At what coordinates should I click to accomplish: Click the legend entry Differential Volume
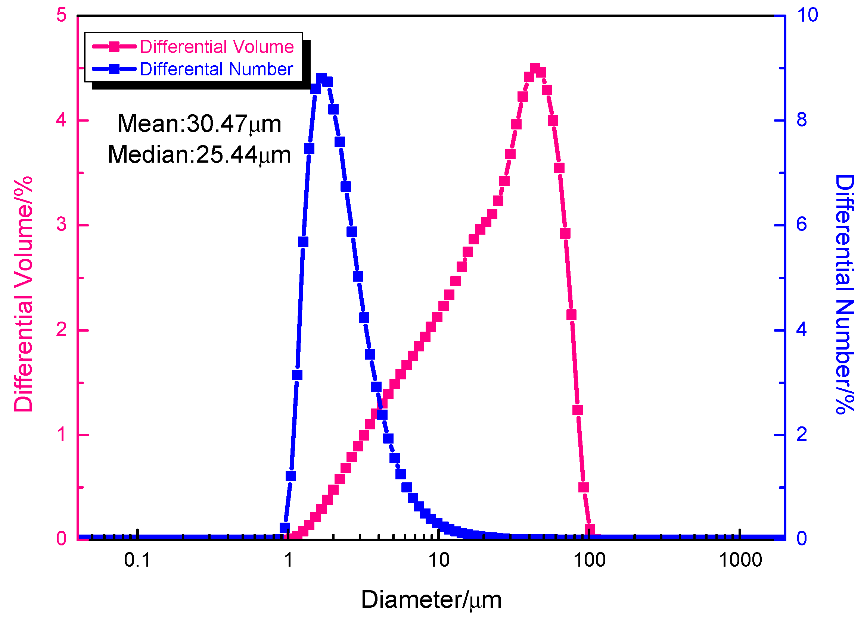click(216, 47)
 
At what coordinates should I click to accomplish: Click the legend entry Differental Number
click(216, 69)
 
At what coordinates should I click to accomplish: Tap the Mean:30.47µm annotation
click(199, 124)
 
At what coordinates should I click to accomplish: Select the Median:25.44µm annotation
click(199, 154)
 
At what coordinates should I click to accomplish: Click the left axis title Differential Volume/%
click(23, 294)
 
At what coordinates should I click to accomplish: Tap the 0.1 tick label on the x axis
click(137, 560)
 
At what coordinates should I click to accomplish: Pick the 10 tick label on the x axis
click(438, 560)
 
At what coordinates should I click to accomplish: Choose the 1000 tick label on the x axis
click(740, 560)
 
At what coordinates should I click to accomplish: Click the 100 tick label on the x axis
click(589, 560)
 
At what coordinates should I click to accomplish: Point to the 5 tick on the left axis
click(61, 15)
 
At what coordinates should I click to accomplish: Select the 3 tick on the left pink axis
click(61, 225)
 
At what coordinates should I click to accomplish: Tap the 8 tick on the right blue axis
click(801, 120)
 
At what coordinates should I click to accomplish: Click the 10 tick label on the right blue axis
click(807, 15)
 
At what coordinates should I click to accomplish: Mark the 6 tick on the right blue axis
click(801, 225)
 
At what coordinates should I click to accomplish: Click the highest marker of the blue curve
click(321, 79)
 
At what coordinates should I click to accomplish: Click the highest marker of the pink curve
click(535, 69)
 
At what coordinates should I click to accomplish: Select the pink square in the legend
click(114, 47)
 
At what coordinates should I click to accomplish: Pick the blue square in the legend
click(114, 69)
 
